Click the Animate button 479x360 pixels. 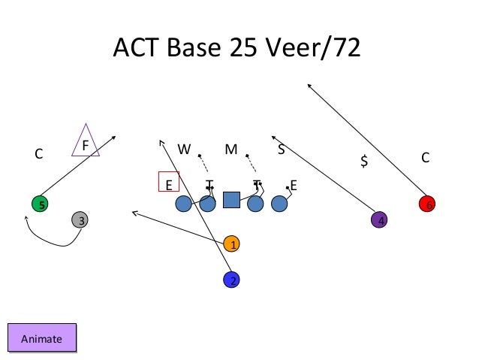pos(41,338)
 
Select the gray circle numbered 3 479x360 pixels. pos(80,220)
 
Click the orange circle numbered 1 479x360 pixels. pos(233,244)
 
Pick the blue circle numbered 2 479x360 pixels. pos(233,280)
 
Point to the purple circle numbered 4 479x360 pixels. pos(381,220)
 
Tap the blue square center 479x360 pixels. pos(231,199)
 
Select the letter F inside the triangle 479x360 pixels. pos(86,144)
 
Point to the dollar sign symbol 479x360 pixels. pos(364,161)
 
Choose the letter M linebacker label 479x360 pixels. pos(231,149)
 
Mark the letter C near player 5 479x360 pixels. pos(39,155)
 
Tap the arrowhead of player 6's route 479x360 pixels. pos(309,84)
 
